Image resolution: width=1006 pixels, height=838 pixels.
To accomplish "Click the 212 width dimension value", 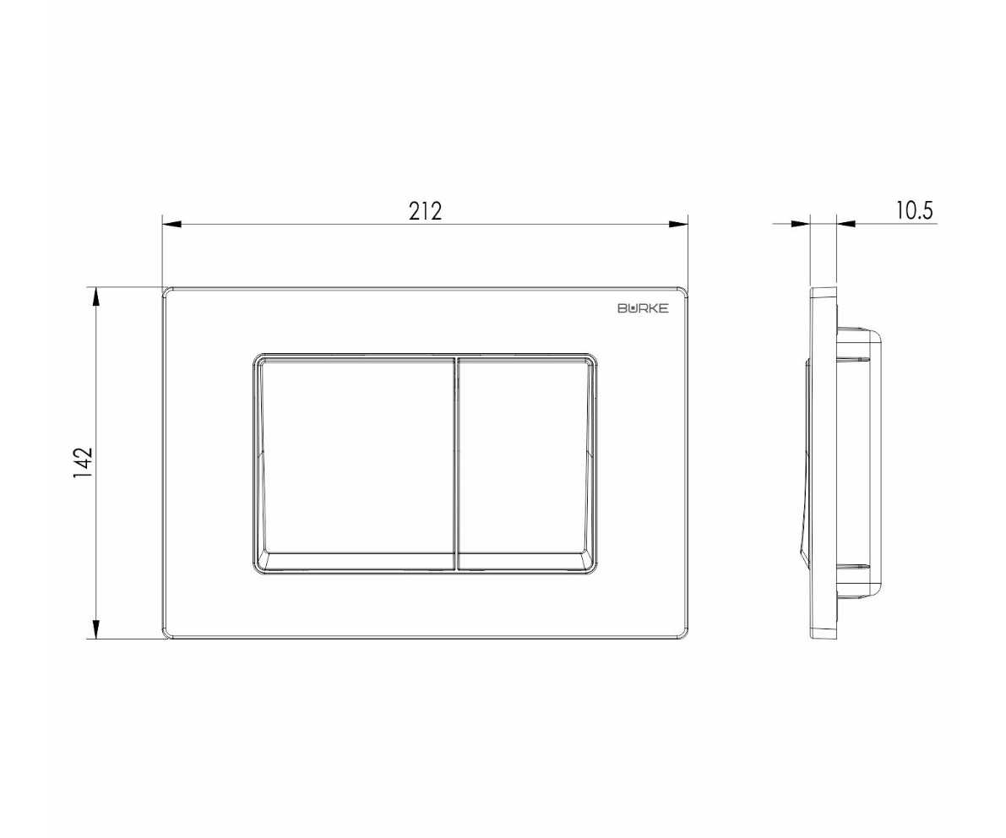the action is (426, 211).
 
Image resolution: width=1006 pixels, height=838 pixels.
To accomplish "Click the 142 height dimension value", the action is (84, 463).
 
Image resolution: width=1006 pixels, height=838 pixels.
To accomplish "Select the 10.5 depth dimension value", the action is (914, 210).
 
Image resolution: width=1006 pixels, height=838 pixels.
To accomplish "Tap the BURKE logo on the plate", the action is (643, 308).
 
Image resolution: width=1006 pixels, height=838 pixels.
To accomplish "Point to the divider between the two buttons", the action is (456, 463).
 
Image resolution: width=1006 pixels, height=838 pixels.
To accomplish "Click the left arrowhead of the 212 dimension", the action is (172, 224).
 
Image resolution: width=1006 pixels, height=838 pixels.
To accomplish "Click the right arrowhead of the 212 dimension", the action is (678, 224).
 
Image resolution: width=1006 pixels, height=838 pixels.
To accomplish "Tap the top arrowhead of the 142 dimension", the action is (96, 297).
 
